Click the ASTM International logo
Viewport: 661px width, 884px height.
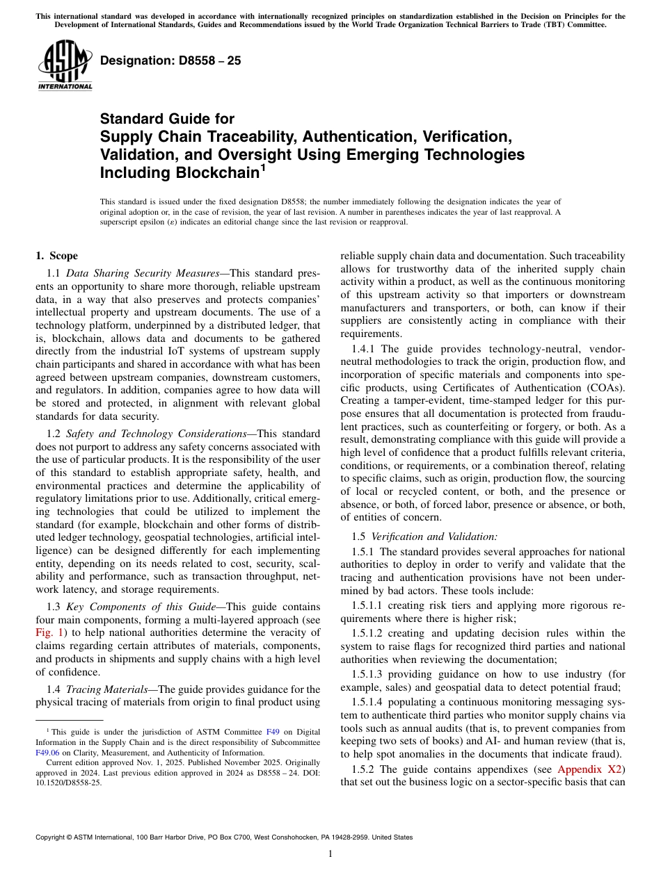65,65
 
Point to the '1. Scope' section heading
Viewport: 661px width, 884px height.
57,256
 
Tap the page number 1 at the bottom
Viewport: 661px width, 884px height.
330,854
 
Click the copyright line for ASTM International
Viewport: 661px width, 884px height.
223,837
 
